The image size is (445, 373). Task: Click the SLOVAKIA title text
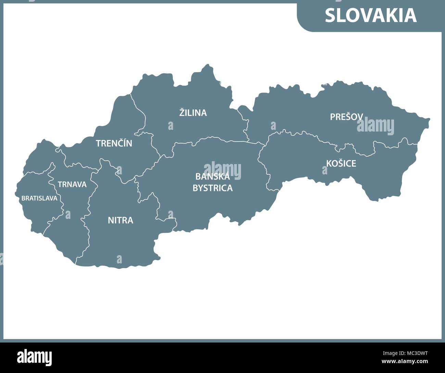click(x=371, y=15)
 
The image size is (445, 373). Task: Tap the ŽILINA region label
click(x=193, y=112)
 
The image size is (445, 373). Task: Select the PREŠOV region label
click(x=346, y=117)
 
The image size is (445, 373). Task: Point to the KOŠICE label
click(x=341, y=163)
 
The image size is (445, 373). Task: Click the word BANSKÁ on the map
click(x=213, y=177)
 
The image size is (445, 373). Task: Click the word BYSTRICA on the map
click(x=213, y=188)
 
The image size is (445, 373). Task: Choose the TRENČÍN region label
click(x=114, y=143)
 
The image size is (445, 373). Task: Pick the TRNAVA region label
click(x=72, y=185)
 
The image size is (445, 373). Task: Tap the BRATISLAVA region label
click(x=39, y=198)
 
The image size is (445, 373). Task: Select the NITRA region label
click(x=120, y=220)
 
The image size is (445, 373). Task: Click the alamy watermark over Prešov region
click(x=376, y=126)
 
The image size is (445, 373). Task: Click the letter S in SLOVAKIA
click(x=330, y=15)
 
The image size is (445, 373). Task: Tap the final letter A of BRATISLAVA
click(x=55, y=198)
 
